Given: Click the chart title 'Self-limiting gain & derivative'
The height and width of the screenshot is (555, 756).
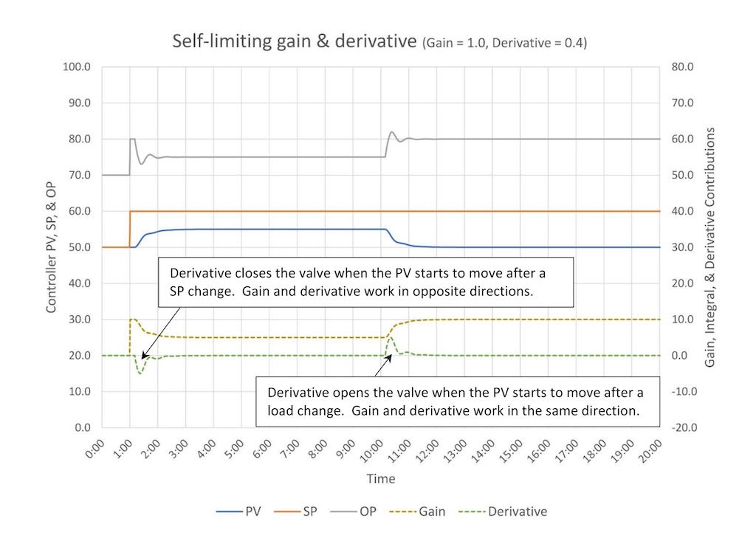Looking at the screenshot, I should click(x=295, y=41).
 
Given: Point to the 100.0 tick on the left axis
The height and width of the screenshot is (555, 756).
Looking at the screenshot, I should click(x=77, y=67).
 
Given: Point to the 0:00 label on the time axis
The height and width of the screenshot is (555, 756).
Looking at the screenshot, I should click(x=94, y=447).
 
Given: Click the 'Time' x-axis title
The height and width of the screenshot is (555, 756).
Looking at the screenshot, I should click(x=381, y=479).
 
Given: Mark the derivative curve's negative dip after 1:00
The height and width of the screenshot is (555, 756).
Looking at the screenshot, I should click(x=140, y=373).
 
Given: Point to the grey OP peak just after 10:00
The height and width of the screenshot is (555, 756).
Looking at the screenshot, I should click(x=392, y=133).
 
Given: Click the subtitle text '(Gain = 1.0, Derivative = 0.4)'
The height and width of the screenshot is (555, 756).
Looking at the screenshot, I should click(x=504, y=44).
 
